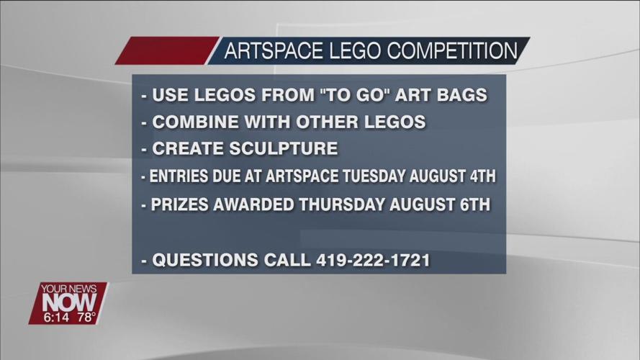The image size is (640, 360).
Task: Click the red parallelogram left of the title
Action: [x=166, y=51]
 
